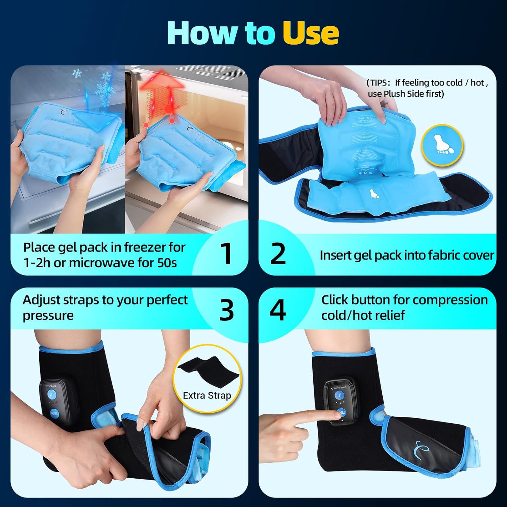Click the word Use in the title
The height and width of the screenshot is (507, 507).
(x=310, y=33)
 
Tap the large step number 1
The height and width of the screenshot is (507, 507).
(x=226, y=254)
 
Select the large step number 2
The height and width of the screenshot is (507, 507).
(x=278, y=254)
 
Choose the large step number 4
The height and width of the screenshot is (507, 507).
(x=277, y=310)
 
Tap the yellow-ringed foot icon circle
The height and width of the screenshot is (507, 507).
(x=442, y=145)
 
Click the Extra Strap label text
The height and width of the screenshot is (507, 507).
(x=207, y=395)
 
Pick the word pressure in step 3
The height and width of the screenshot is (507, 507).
(x=48, y=316)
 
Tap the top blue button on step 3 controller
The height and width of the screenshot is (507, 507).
(x=52, y=395)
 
